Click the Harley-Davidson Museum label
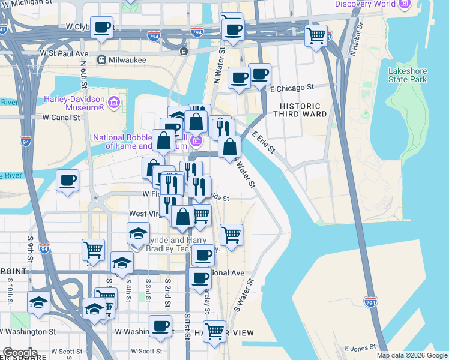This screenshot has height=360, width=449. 74,103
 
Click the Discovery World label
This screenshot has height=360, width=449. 365,4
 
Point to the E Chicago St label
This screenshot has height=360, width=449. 292,88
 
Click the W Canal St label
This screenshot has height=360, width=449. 61,118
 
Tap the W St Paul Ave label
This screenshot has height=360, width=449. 64,53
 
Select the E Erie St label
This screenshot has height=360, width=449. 263,142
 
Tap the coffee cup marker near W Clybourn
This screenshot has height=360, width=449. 102,28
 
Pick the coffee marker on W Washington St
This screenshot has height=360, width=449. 160,326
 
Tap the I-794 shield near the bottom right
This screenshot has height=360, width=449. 371,304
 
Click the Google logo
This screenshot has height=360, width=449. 19,353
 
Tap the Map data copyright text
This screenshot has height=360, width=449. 412,355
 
